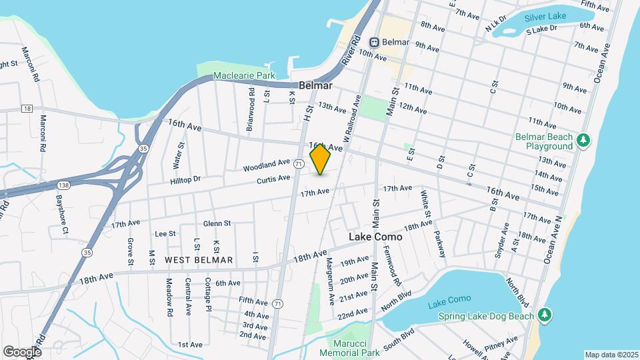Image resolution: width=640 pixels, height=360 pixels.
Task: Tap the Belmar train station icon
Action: pos(375,42)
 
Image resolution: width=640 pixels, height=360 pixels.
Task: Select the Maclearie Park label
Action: pos(244,76)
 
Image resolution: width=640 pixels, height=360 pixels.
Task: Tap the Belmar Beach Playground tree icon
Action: pos(584,139)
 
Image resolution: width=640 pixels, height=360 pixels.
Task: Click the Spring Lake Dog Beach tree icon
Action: pos(545,314)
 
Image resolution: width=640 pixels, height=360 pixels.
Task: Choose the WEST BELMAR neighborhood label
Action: pos(199,260)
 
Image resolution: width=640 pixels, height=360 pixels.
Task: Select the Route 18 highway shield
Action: pos(27,108)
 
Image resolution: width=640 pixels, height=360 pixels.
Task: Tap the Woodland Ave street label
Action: pos(267,163)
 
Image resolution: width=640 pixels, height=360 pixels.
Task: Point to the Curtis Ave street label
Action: pos(274,178)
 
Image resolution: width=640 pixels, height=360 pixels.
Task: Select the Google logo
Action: pos(23,351)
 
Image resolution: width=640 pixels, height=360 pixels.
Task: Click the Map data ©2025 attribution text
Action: pos(611,355)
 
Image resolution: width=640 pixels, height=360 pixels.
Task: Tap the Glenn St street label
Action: pos(217,223)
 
